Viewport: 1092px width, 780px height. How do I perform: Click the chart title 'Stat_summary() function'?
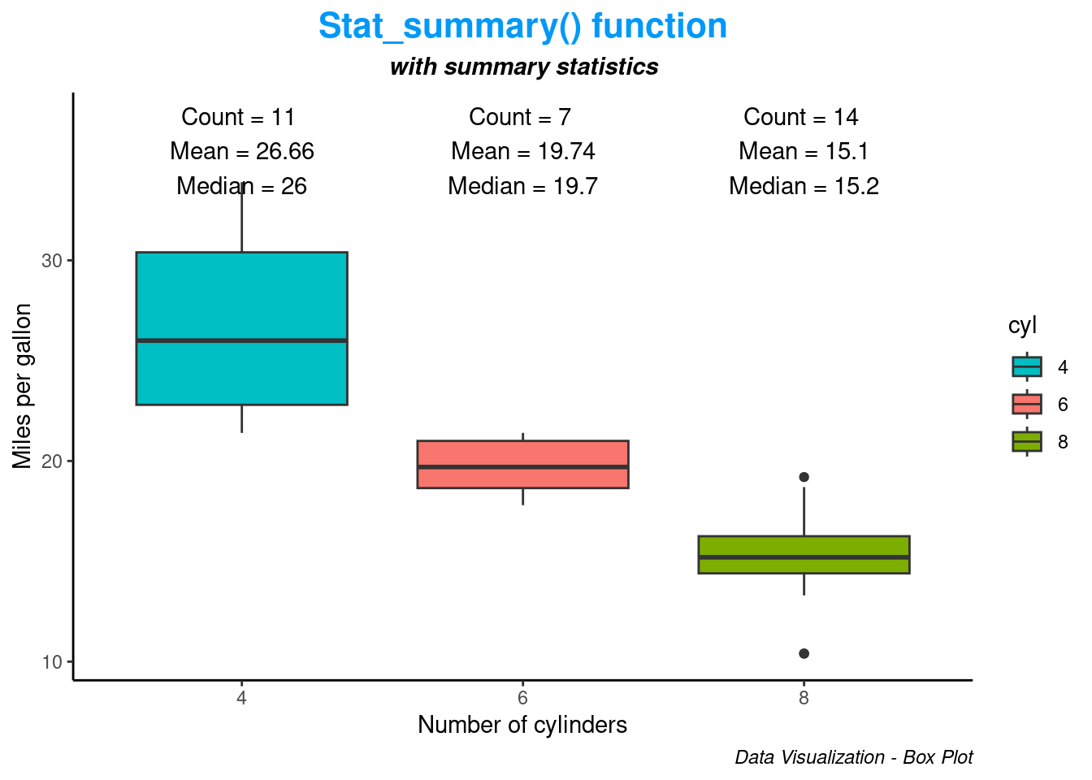522,26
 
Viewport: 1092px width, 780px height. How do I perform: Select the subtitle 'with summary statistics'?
524,67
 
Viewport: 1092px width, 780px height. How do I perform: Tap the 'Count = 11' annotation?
238,117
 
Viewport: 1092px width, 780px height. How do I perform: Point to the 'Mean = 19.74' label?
522,151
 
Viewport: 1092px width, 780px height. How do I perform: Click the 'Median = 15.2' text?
804,186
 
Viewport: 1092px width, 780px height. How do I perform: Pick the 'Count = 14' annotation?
800,117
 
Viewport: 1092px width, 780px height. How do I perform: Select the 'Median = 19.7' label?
522,186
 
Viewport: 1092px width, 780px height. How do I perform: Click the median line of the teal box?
242,340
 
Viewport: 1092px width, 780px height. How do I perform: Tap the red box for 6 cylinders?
522,464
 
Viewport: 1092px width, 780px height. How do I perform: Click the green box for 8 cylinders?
804,555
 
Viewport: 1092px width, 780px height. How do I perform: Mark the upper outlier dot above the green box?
804,477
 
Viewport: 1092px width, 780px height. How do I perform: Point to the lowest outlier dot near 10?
804,653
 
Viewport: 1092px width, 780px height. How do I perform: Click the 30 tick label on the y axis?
52,262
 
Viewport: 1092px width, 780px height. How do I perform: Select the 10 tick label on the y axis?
52,662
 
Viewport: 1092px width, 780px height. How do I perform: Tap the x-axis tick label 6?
522,698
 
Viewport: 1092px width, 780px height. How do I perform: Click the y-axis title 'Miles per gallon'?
23,386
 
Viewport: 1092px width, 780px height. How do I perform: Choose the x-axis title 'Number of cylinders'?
522,725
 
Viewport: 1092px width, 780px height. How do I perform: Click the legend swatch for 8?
1027,442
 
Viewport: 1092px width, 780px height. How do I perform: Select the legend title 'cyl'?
1022,326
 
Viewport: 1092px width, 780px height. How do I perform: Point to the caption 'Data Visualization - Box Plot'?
854,757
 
